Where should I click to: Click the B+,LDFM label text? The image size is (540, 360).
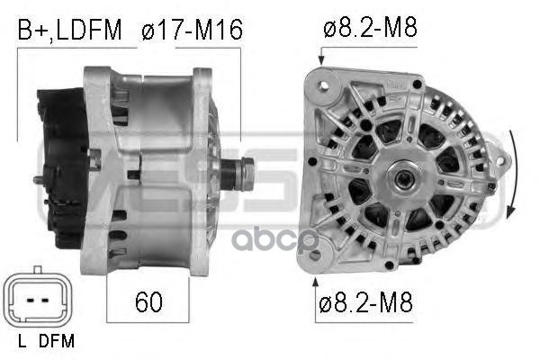[x=69, y=31]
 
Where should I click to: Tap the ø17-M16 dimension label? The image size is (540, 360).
[x=192, y=30]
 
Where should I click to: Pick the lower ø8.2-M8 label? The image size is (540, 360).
[x=365, y=301]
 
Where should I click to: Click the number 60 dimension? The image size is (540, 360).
[x=148, y=301]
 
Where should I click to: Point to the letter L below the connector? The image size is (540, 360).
[x=22, y=341]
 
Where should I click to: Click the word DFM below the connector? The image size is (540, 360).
[x=57, y=341]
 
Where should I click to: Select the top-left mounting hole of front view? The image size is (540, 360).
[x=324, y=85]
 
